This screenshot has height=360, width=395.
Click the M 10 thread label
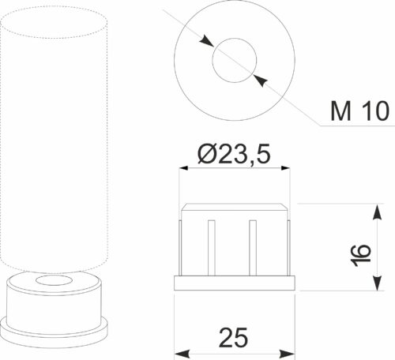359,111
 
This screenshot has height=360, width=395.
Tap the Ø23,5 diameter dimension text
234,154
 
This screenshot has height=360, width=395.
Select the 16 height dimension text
361,255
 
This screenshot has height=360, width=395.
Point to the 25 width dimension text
233,337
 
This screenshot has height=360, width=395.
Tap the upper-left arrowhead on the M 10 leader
206,42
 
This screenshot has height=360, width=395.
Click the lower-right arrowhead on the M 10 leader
261,80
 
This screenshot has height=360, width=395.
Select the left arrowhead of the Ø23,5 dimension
183,168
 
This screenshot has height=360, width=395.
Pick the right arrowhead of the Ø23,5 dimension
285,168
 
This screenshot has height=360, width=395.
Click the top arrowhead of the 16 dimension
378,212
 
